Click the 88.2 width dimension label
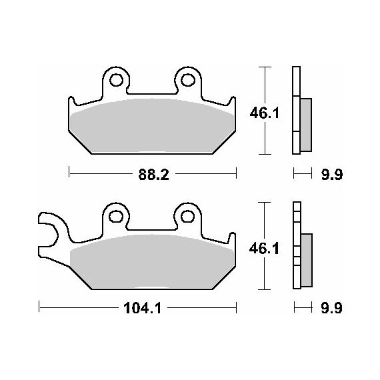pos(153,175)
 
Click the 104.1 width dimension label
pos(142,309)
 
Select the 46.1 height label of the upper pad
pos(265,113)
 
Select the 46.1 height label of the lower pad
pos(264,249)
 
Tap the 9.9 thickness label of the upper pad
pos(332,175)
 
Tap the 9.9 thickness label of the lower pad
pos(331,308)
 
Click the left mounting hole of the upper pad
pos(116,80)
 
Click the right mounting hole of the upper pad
pos(188,80)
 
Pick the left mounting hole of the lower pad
pos(116,217)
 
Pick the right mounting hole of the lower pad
pos(187,217)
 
